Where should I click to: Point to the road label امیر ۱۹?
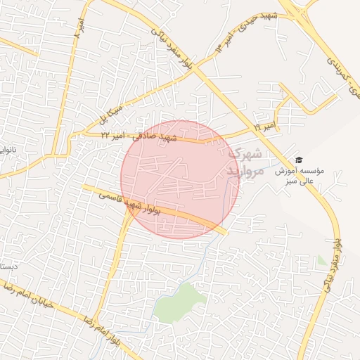tap(264, 127)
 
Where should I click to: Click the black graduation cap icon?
tap(299, 160)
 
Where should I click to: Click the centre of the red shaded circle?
tap(179, 179)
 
